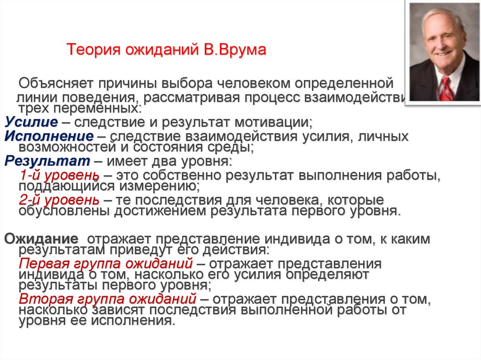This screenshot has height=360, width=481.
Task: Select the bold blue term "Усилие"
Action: coord(31,123)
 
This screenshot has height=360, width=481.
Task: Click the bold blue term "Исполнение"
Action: coord(49,137)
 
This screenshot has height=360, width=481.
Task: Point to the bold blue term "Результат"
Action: coord(47,161)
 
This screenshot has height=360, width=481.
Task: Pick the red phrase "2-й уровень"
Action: coord(59,199)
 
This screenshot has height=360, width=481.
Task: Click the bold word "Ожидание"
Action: coord(41,238)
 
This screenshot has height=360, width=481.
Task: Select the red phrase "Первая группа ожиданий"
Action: coord(106,263)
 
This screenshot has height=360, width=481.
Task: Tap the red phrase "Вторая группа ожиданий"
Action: coord(107,299)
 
